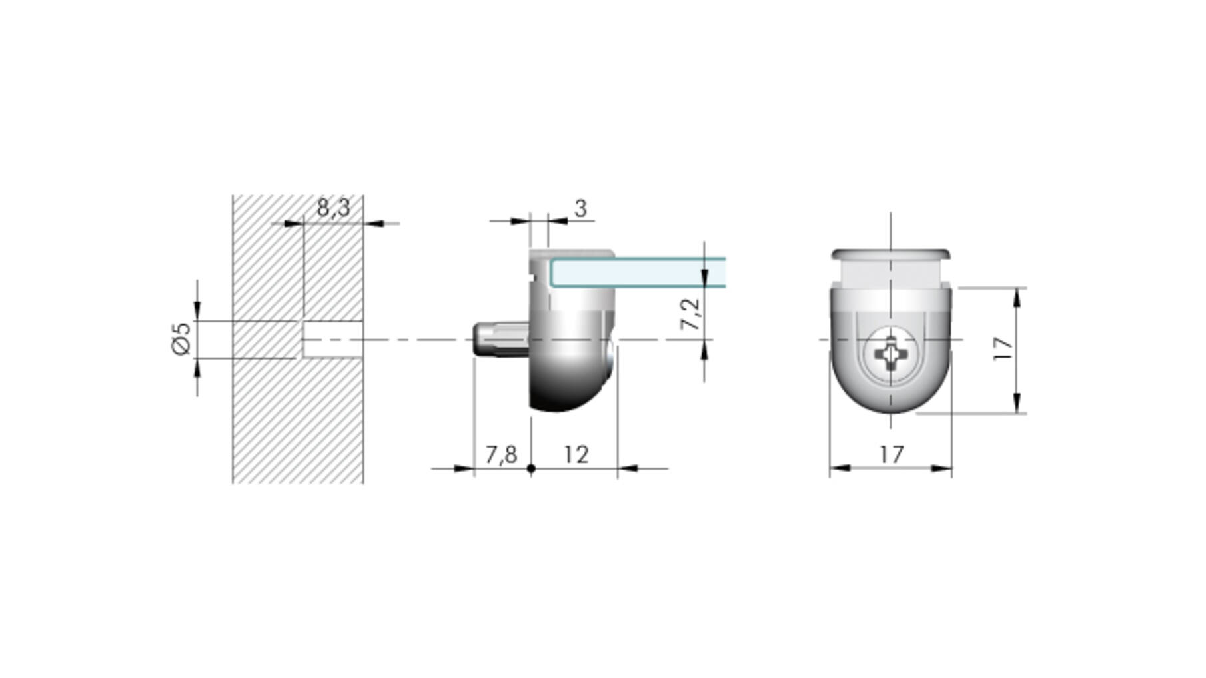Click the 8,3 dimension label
coord(333,208)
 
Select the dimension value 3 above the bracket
coord(580,208)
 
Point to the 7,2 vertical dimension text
coord(691,313)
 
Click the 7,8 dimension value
coord(501,454)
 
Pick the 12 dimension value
coord(576,454)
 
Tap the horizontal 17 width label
coord(892,454)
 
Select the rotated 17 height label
coord(1003,349)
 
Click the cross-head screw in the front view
coord(891,354)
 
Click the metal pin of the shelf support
coord(502,340)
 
